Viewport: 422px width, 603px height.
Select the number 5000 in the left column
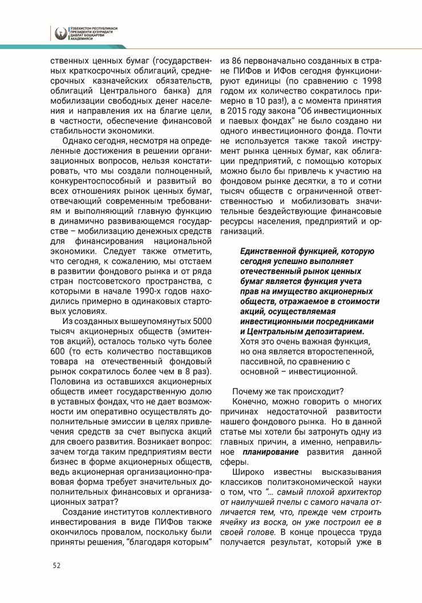pyautogui.click(x=202, y=321)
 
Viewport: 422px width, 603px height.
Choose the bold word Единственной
pyautogui.click(x=273, y=252)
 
